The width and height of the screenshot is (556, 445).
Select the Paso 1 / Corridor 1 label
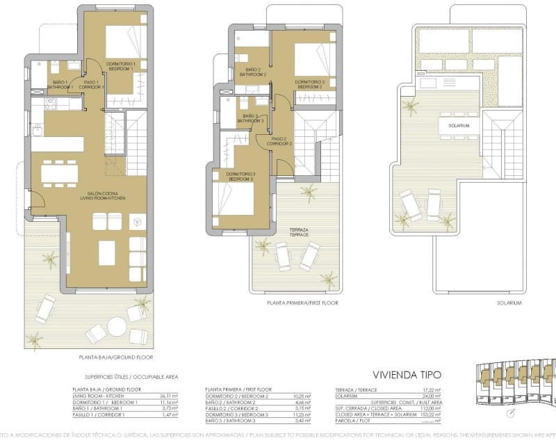point(92,85)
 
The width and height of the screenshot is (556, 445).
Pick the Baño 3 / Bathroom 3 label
point(250,118)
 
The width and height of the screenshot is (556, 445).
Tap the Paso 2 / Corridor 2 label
point(279,140)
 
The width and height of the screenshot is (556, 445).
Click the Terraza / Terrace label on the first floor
point(300,232)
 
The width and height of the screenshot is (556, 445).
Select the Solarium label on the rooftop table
point(459,125)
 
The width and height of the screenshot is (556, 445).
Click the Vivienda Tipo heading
point(407,374)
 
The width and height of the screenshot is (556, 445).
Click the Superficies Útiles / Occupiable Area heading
point(125,376)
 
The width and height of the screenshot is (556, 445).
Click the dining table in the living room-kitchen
point(60,171)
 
